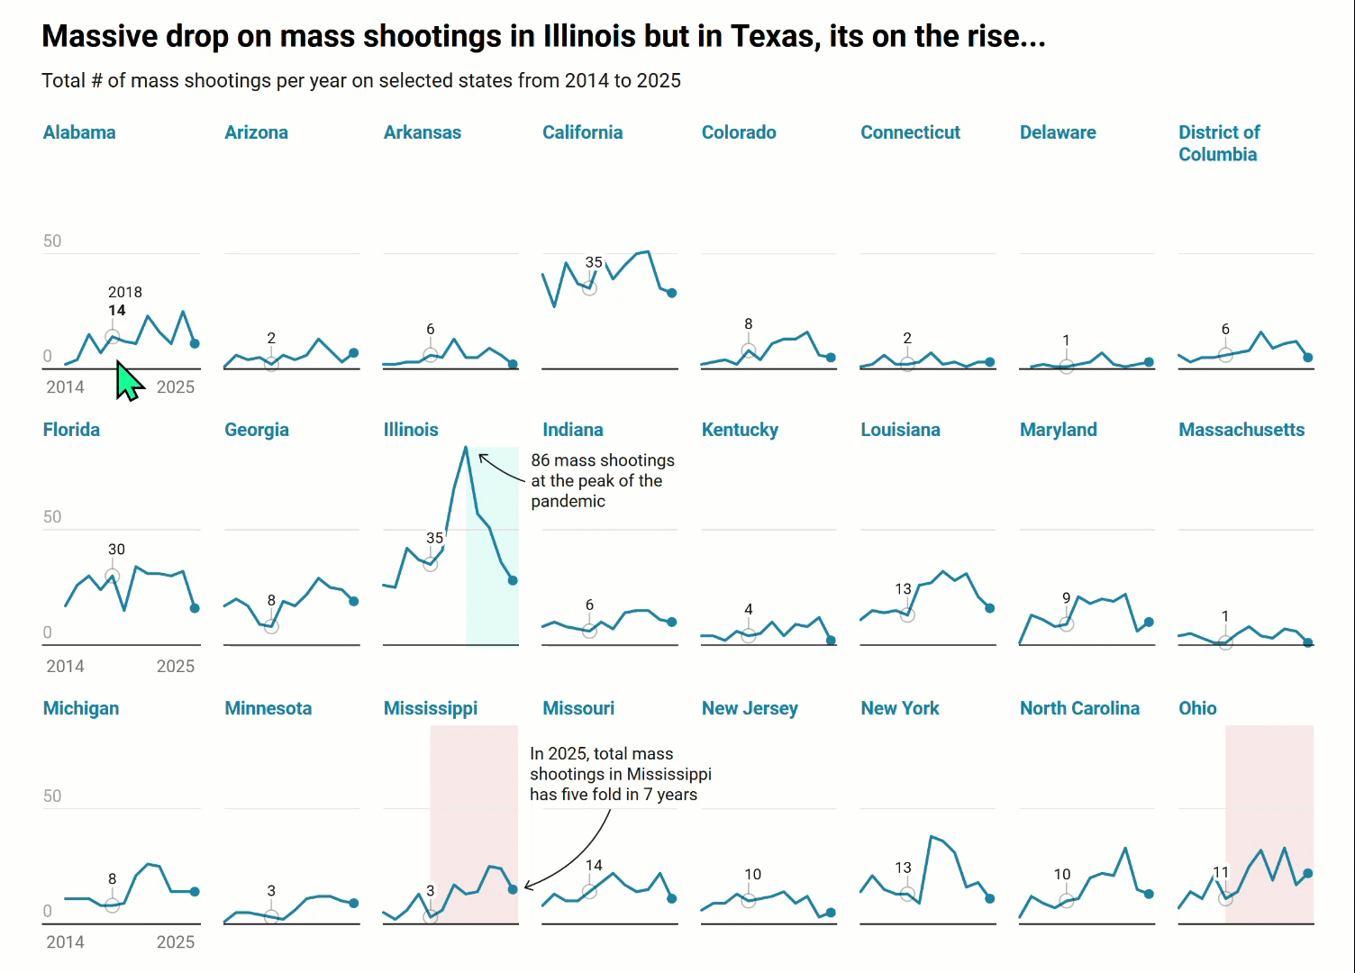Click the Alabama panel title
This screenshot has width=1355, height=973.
[79, 132]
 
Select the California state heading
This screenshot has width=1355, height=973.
[582, 132]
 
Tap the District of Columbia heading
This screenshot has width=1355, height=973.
[1218, 143]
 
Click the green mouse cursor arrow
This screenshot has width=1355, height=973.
[128, 382]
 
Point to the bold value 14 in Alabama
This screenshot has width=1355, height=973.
[117, 310]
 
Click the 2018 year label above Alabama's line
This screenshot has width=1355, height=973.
[125, 292]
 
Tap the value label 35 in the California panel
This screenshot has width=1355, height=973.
[594, 262]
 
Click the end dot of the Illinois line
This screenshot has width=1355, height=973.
[513, 580]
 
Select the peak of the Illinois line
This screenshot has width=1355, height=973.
[466, 447]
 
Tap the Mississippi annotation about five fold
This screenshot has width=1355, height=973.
[620, 774]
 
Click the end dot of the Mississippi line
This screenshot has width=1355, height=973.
[513, 889]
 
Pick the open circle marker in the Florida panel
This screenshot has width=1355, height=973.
[112, 577]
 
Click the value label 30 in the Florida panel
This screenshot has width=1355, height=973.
[116, 550]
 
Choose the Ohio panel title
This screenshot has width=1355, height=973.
[1197, 708]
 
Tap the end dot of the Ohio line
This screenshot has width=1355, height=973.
[1308, 874]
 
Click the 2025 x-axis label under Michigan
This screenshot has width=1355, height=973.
[176, 942]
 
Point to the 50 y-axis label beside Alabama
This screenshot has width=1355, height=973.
[52, 241]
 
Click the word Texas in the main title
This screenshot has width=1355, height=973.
[776, 36]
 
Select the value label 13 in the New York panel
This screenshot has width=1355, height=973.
[903, 868]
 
